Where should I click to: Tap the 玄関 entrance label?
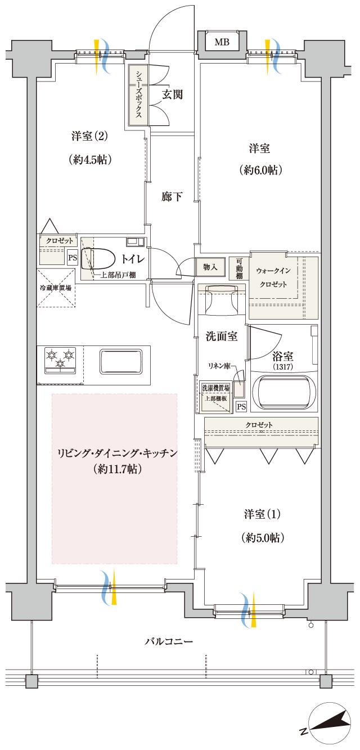tap(173, 94)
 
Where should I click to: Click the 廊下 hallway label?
tap(172, 197)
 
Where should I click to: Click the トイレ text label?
tap(133, 259)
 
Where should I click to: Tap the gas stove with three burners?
tap(61, 360)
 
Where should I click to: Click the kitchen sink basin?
tap(121, 360)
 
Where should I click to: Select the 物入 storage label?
tap(210, 267)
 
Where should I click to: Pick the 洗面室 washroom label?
tap(221, 337)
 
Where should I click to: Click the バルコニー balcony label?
tap(169, 641)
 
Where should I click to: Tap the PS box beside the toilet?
tap(72, 258)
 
